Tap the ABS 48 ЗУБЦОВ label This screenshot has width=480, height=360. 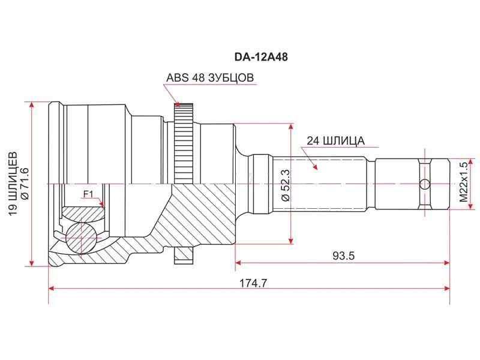(210, 78)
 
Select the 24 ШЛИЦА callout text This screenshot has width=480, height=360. (335, 141)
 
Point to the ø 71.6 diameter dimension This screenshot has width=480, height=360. (25, 184)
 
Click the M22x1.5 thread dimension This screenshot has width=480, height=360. (463, 184)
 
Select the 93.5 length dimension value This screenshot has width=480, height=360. (343, 255)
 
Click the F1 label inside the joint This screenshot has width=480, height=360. (88, 193)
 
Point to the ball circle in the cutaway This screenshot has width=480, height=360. (80, 237)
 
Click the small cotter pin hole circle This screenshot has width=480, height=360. (425, 184)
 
